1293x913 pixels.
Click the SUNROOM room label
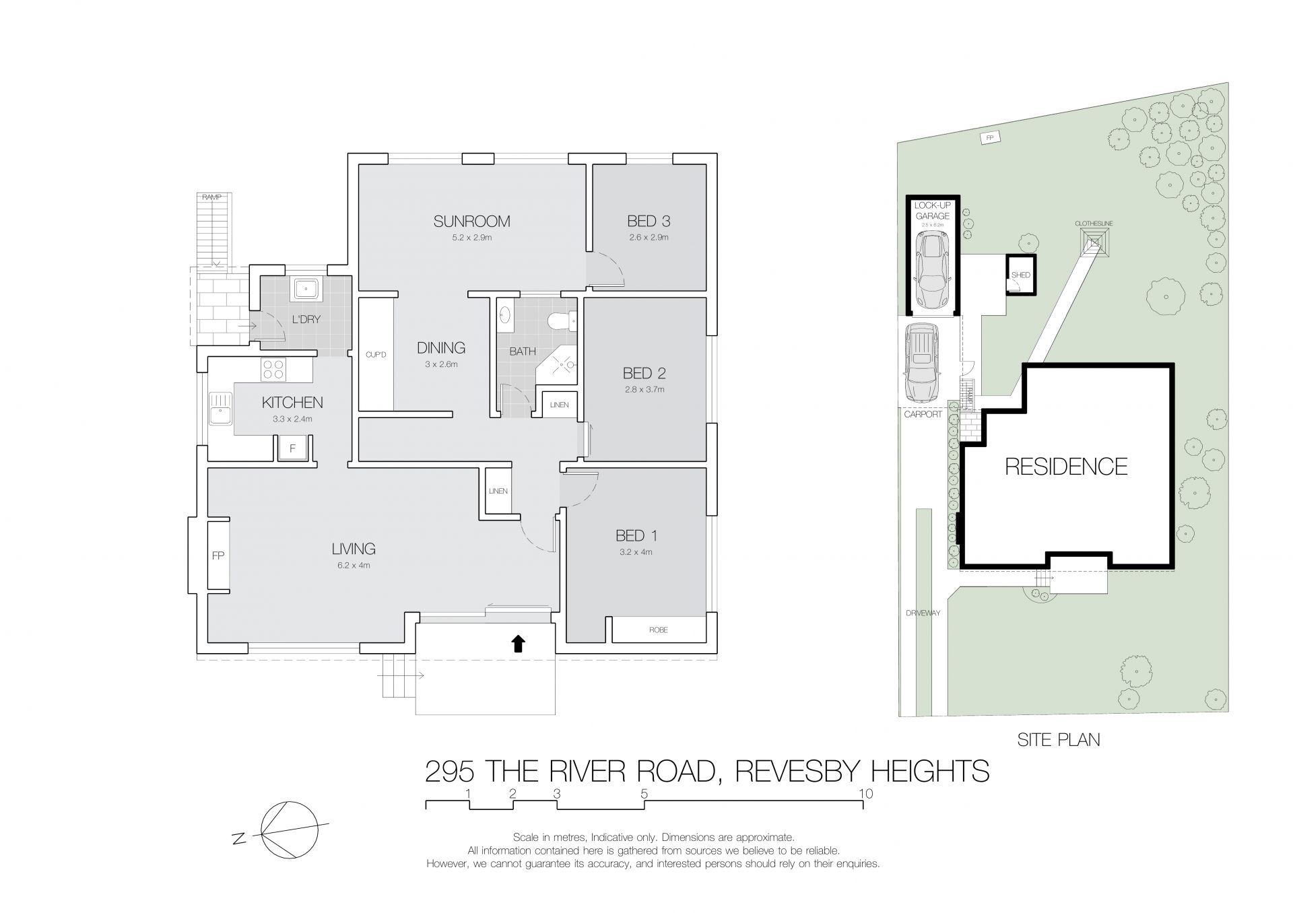(x=471, y=221)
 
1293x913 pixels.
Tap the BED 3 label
(x=649, y=221)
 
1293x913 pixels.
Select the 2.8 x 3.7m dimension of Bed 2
(x=644, y=389)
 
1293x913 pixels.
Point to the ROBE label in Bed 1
(x=658, y=630)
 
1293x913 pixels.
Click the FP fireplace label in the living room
(x=218, y=555)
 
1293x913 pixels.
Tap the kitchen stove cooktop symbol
(x=273, y=369)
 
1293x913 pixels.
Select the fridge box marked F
(x=293, y=448)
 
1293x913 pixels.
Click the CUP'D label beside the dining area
(x=376, y=354)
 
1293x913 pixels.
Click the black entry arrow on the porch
(x=517, y=644)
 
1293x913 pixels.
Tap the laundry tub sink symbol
(x=306, y=289)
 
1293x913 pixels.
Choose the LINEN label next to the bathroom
(x=559, y=405)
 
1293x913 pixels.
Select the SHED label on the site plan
(x=1020, y=275)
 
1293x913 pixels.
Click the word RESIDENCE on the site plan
(x=1066, y=467)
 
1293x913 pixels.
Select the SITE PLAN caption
(x=1059, y=740)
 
